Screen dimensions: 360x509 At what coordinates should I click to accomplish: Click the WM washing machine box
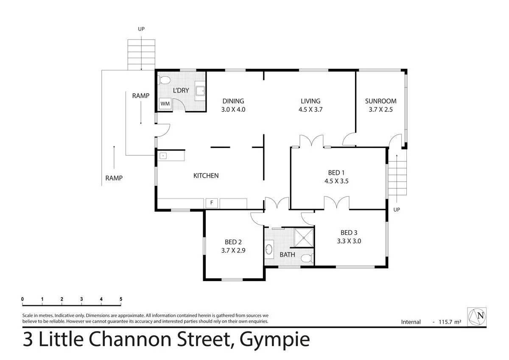coord(165,103)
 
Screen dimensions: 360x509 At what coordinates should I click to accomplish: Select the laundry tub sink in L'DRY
coord(200,90)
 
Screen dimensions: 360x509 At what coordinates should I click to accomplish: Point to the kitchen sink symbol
coord(163,156)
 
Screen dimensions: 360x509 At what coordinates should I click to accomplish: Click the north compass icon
coord(477,317)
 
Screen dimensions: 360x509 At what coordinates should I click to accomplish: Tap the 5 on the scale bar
coord(121,299)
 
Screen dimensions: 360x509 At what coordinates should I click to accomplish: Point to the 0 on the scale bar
coord(22,299)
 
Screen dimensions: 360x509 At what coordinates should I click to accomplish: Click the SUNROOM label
coord(380,101)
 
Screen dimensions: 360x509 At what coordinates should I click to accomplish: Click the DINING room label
coord(233,101)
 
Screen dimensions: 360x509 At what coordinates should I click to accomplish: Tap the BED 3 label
coord(349,232)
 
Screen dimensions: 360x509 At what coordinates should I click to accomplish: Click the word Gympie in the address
coord(274,340)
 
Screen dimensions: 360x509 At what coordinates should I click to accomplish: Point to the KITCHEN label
coord(206,175)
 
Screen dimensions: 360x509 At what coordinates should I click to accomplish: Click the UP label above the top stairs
coord(141,29)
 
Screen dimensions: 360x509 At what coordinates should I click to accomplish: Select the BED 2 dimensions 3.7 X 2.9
coord(233,250)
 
